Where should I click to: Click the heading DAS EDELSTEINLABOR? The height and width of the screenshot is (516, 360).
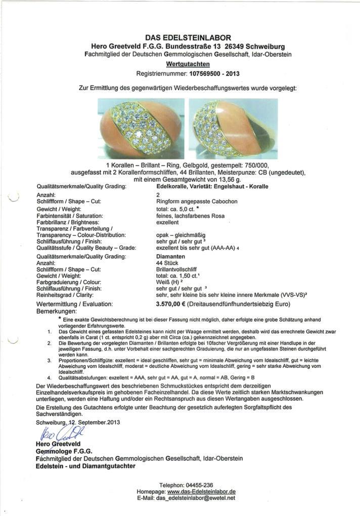pyautogui.click(x=188, y=37)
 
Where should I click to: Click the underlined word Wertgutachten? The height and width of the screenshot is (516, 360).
pyautogui.click(x=188, y=64)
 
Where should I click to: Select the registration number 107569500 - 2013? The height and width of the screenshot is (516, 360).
pyautogui.click(x=214, y=73)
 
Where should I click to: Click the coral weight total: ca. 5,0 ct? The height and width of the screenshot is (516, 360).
pyautogui.click(x=178, y=208)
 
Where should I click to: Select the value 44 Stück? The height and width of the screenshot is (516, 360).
pyautogui.click(x=168, y=263)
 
